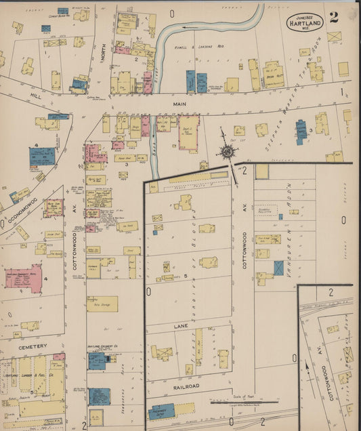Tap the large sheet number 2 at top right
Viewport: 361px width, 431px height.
click(x=334, y=18)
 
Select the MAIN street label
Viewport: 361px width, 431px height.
click(x=179, y=104)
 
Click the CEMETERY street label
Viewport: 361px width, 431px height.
click(x=32, y=346)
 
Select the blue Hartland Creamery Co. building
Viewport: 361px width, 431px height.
click(x=96, y=360)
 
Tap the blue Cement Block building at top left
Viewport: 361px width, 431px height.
click(x=63, y=12)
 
